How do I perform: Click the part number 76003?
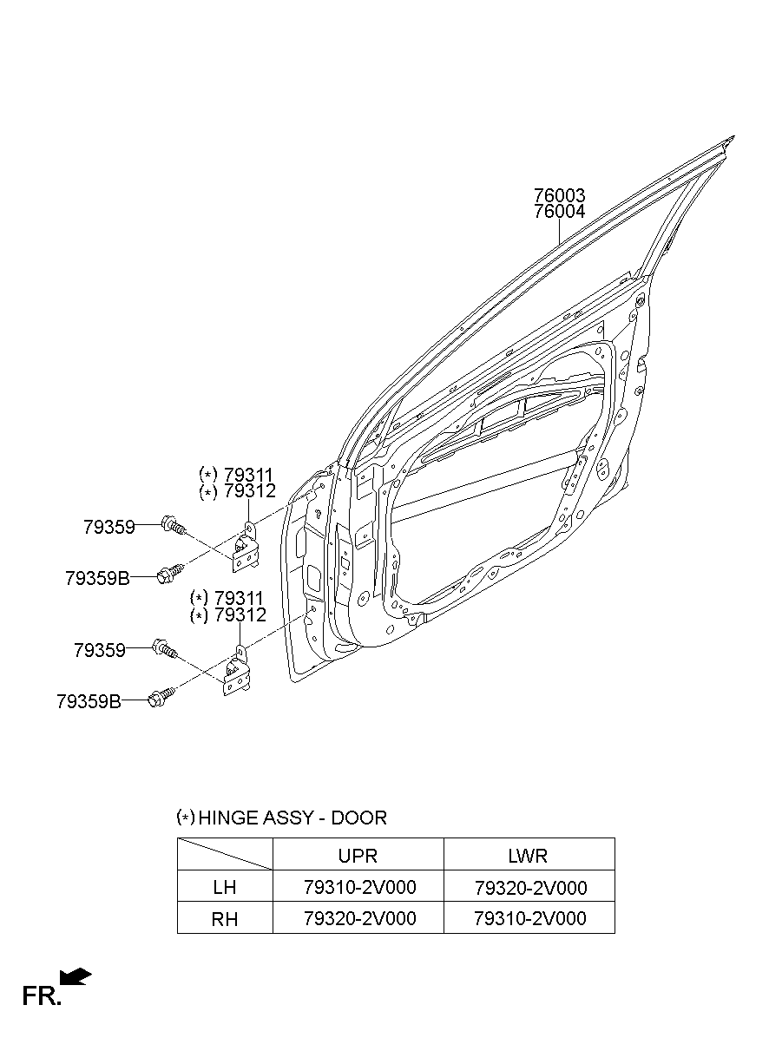[x=559, y=195]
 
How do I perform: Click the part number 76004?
[x=559, y=211]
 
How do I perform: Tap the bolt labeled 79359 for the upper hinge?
[x=174, y=525]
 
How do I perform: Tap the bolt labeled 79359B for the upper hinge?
[x=169, y=573]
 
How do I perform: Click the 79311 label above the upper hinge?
[x=249, y=475]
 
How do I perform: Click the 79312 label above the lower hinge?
[x=239, y=615]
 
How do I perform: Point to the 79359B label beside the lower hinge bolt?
[x=89, y=701]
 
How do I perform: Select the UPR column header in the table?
[x=358, y=855]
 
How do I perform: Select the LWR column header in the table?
[x=528, y=855]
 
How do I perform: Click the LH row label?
[x=225, y=888]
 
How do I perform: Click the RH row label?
[x=225, y=918]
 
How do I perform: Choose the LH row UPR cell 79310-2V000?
[x=359, y=888]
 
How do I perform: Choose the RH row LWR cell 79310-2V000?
[x=529, y=918]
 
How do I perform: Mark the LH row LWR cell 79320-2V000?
[x=529, y=888]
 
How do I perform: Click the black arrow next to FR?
[x=76, y=977]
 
